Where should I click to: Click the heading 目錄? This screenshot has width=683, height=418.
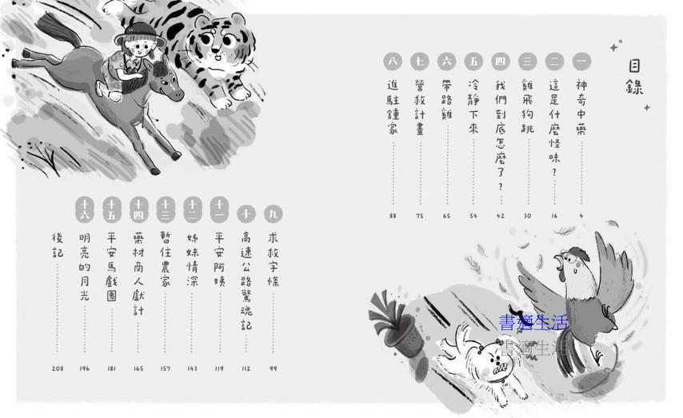pos(634,77)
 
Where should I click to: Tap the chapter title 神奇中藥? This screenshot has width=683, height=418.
pos(581,107)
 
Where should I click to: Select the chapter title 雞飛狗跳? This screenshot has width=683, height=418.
pos(527,106)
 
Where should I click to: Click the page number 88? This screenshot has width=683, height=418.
pos(393,216)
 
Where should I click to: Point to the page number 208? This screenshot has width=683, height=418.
pos(58,368)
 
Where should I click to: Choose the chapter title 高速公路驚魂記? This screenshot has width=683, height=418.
pos(246,281)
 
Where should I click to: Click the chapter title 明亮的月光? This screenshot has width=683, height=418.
pos(85,266)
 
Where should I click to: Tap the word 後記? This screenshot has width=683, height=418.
pos(58,245)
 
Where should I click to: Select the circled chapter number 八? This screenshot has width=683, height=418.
pos(393,61)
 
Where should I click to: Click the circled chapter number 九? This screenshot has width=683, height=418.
pos(273,213)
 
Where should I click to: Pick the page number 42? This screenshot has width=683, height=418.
pos(500,216)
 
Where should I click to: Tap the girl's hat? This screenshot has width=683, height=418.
pos(140,34)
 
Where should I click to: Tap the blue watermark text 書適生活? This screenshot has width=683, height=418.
pos(533,323)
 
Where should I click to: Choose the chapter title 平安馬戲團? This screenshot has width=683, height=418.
pos(111,266)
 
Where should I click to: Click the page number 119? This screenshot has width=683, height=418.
pos(219,368)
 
